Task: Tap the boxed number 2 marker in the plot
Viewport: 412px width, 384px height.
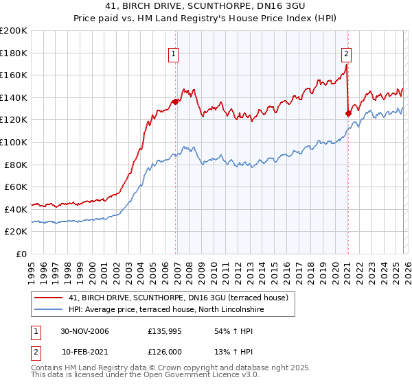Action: coord(346,53)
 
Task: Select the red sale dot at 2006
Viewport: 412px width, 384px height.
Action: coord(175,101)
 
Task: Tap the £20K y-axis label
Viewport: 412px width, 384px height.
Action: coord(16,232)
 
